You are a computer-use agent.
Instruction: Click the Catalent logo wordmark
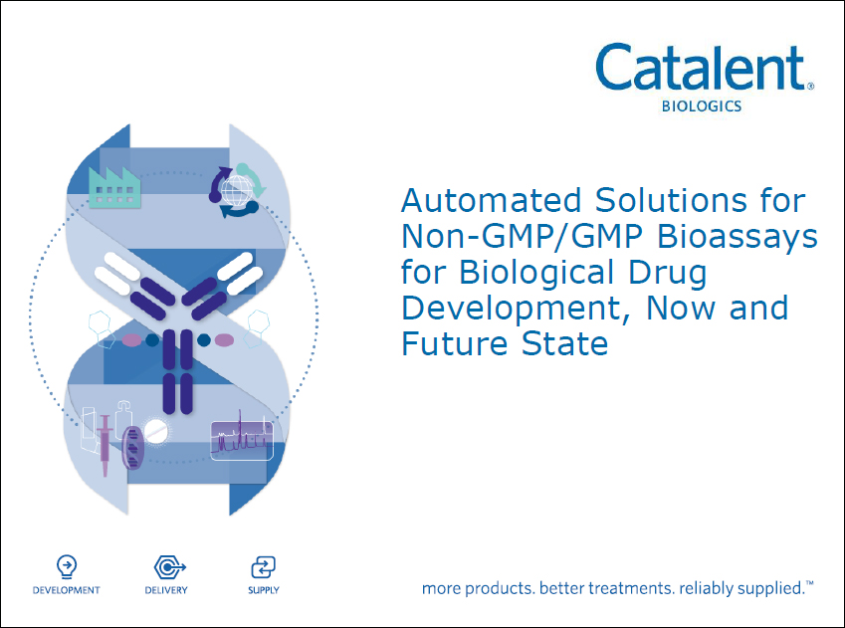tap(705, 68)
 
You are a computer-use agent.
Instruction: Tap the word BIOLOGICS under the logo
tap(702, 106)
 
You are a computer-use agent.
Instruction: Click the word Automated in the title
tap(491, 200)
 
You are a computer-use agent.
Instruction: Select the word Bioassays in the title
tap(738, 238)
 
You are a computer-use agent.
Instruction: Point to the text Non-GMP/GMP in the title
tap(523, 236)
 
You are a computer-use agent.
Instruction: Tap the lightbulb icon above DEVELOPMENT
tap(67, 566)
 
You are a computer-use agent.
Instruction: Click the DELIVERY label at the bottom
tap(166, 590)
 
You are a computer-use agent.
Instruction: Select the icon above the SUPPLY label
tap(263, 567)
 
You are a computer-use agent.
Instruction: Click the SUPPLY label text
tap(264, 590)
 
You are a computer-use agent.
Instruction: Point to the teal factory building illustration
tap(114, 186)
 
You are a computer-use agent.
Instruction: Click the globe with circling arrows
tap(237, 190)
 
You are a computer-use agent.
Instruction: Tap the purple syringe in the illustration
tap(106, 445)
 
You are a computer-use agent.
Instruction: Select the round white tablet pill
tap(155, 431)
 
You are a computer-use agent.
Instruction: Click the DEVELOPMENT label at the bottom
tap(67, 590)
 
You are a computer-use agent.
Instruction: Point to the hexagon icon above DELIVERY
tap(170, 567)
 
